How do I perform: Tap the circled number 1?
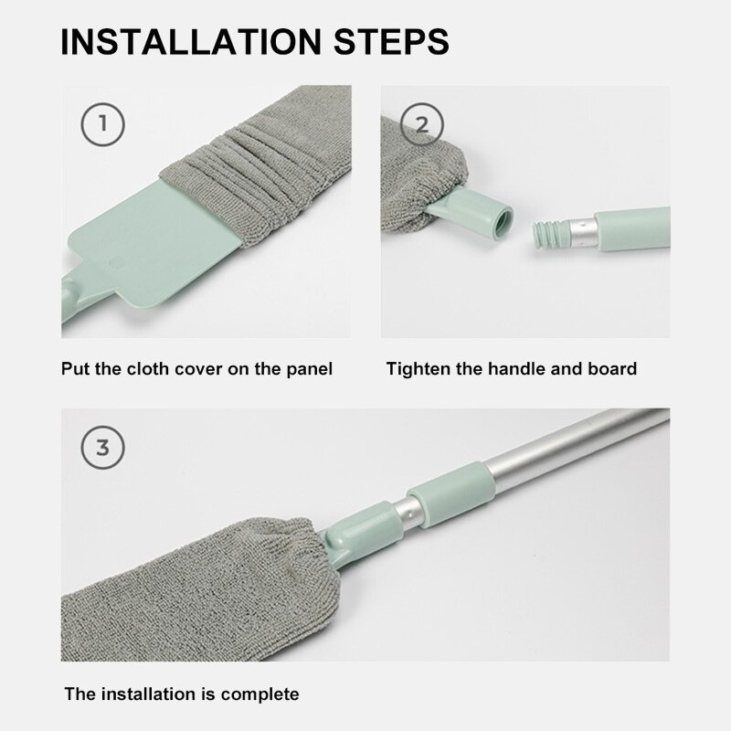click(102, 124)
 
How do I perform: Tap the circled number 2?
click(421, 124)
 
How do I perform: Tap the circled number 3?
click(102, 448)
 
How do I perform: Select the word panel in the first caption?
click(308, 369)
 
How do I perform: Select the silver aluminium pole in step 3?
click(567, 448)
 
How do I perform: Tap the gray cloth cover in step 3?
click(183, 585)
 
